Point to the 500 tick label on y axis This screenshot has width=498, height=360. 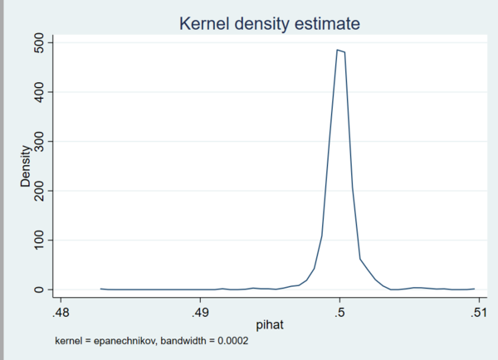click(x=39, y=42)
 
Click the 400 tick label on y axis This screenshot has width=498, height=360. click(x=39, y=92)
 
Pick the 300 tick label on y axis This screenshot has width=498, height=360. click(x=39, y=141)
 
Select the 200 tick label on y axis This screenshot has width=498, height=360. click(x=39, y=191)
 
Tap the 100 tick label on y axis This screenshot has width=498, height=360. click(x=39, y=241)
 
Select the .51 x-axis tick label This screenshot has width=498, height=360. click(x=478, y=313)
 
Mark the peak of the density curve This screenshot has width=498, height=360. click(x=337, y=50)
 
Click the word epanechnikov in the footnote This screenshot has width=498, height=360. click(x=123, y=341)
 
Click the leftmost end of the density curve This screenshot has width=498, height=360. click(x=100, y=289)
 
